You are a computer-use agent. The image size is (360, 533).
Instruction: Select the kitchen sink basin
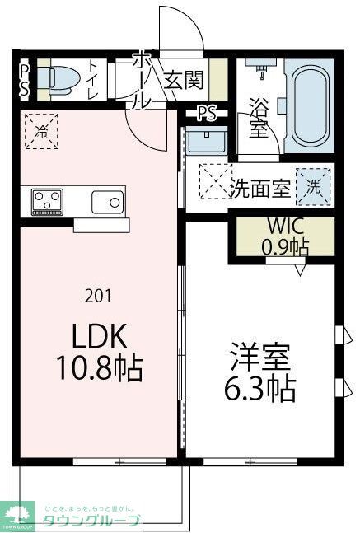tap(107, 201)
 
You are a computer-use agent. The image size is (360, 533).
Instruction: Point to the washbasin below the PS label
tap(201, 141)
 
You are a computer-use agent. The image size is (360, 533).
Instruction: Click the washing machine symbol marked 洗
tap(314, 185)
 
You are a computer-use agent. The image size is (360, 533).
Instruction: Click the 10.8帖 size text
tap(101, 367)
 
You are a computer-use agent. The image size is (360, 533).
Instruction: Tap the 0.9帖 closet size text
tap(285, 245)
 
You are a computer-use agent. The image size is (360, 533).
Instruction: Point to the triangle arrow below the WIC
tap(302, 267)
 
